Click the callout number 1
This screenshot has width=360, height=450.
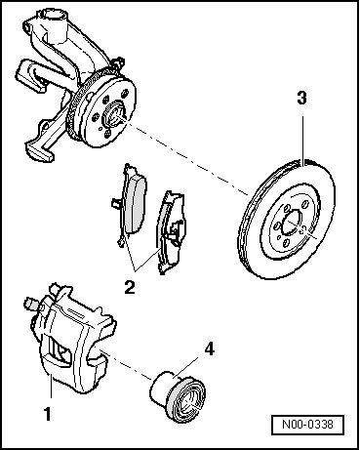click(48, 414)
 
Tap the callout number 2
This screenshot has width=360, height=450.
click(130, 287)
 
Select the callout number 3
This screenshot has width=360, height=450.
click(301, 98)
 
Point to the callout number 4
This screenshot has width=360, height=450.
click(210, 348)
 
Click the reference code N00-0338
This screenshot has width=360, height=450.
click(307, 425)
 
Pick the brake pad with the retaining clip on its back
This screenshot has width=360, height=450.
click(172, 231)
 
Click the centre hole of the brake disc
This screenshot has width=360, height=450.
click(294, 225)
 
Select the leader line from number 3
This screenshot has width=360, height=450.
click(302, 140)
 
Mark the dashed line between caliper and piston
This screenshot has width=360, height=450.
click(128, 366)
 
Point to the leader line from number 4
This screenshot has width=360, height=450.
click(185, 367)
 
